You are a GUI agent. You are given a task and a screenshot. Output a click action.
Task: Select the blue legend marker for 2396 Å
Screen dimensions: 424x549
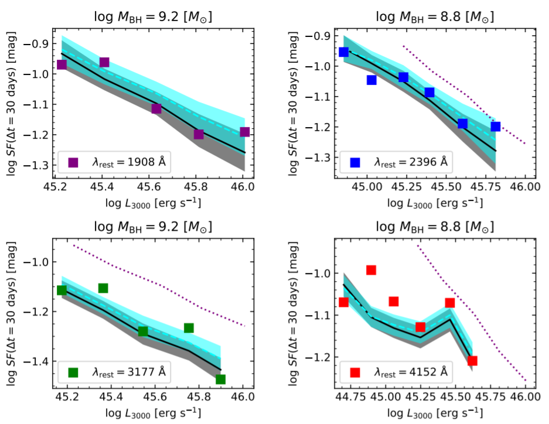(355, 162)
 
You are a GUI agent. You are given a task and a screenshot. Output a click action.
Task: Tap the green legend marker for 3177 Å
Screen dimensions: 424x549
(73, 372)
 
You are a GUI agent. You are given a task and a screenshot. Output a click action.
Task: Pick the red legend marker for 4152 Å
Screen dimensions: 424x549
(355, 372)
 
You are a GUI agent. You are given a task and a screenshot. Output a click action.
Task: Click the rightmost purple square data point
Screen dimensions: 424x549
(245, 132)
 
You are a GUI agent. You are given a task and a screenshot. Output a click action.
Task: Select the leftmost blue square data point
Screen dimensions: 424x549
(344, 52)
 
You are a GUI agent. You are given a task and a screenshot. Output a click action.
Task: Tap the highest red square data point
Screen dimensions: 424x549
(371, 270)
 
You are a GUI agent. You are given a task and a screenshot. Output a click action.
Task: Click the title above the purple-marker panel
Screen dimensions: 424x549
(153, 18)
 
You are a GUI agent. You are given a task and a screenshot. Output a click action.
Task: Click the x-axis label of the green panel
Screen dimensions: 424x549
(153, 412)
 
